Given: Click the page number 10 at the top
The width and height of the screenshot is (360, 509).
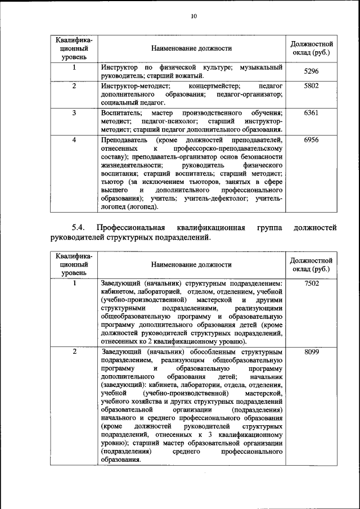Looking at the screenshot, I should [x=193, y=16].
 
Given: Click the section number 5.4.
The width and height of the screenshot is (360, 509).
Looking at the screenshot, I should [x=78, y=228].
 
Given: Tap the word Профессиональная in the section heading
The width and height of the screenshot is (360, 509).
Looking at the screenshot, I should [x=130, y=228].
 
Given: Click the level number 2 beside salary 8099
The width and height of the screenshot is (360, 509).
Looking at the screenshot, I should [x=74, y=352].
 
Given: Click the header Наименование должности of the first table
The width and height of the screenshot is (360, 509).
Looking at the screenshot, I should [x=191, y=48].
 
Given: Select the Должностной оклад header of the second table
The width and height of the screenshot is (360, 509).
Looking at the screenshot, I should [x=311, y=264].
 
